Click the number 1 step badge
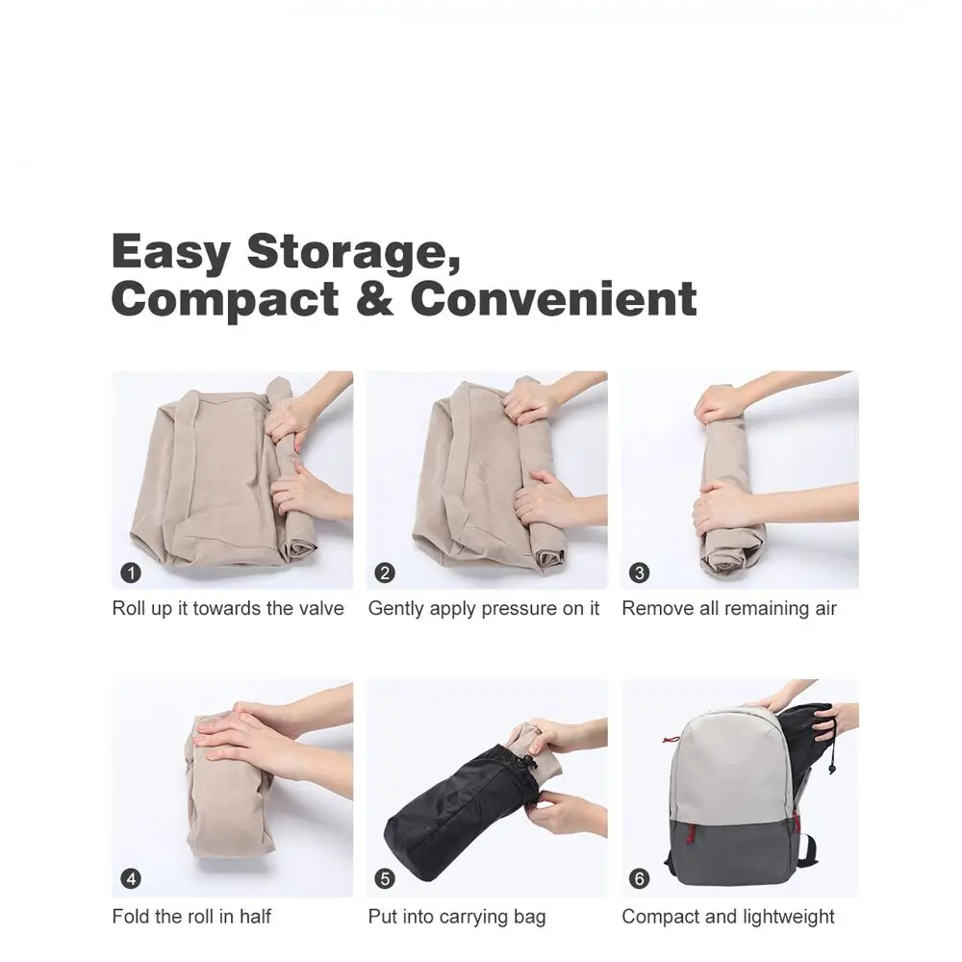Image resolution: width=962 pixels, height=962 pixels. click(x=131, y=573)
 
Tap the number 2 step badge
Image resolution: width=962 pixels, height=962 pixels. click(x=385, y=573)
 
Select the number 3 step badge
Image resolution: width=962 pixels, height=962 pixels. click(x=640, y=573)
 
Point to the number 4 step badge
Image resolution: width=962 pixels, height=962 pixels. click(x=131, y=878)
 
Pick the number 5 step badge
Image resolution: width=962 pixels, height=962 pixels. click(x=385, y=878)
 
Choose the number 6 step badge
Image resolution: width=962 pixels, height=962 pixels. click(x=640, y=878)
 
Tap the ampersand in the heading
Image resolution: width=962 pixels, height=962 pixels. click(x=374, y=299)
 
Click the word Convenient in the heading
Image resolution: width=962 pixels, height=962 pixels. click(x=553, y=299)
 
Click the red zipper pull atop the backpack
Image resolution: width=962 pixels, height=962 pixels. click(x=671, y=739)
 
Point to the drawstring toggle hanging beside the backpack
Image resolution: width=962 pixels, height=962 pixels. click(x=831, y=768)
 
